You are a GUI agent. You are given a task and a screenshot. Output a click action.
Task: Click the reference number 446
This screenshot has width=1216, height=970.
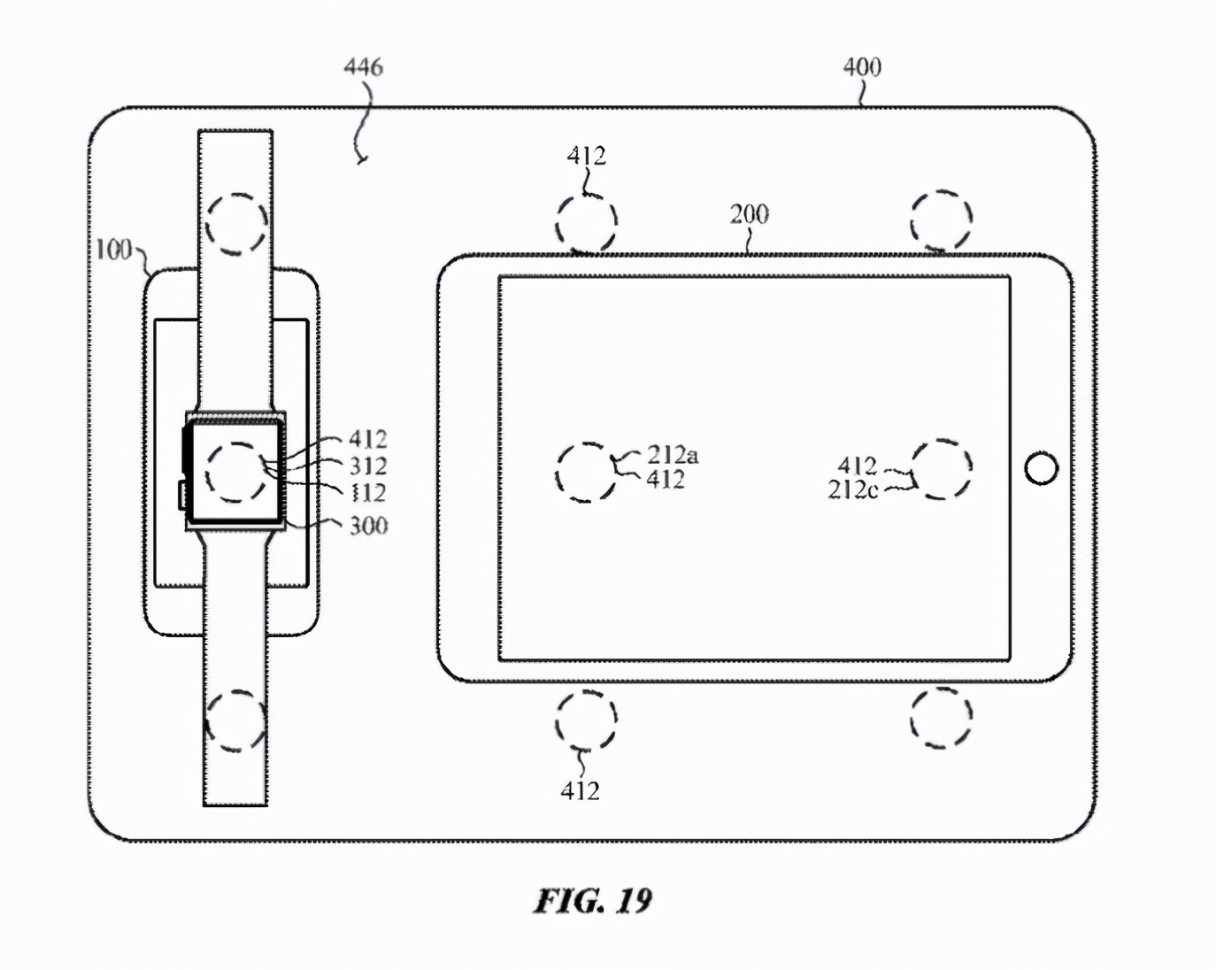[x=363, y=67]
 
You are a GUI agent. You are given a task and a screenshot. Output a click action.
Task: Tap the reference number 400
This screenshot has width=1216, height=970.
[x=861, y=67]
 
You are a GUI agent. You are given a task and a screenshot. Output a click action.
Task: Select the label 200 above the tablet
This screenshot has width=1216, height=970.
[x=749, y=214]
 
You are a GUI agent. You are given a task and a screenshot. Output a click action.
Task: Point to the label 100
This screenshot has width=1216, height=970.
[x=113, y=250]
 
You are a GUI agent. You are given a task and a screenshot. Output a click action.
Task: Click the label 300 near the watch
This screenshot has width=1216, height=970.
[x=368, y=526]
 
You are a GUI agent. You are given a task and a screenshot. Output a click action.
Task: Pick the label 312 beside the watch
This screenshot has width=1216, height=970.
[x=367, y=466]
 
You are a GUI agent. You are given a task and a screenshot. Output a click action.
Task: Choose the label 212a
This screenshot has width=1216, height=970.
[x=672, y=455]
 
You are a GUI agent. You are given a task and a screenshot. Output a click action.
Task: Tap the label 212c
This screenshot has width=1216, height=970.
[x=852, y=489]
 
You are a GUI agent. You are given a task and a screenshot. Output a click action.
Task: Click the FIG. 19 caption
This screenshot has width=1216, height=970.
[x=592, y=900]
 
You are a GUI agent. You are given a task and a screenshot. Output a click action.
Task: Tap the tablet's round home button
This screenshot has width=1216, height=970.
[x=1041, y=468]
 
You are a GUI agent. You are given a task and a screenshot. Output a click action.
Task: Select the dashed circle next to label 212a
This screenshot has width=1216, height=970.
[x=586, y=472]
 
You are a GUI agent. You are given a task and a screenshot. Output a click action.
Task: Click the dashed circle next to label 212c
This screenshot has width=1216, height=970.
[x=942, y=469]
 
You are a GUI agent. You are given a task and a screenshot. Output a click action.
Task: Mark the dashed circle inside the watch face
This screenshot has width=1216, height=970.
[x=235, y=472]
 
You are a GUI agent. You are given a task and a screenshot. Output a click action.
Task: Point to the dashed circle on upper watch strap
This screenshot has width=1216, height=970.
[x=235, y=224]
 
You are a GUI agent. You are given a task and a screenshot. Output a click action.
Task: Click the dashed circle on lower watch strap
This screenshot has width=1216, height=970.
[x=235, y=721]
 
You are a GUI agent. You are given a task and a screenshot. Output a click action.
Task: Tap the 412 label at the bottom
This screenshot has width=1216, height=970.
[x=580, y=790]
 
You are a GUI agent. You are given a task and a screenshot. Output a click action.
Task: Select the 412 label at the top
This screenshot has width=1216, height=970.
[x=586, y=157]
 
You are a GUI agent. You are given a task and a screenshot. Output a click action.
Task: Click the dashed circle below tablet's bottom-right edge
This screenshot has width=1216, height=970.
[x=941, y=718]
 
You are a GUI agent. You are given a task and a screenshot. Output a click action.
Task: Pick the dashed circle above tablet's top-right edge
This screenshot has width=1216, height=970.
[x=941, y=219]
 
